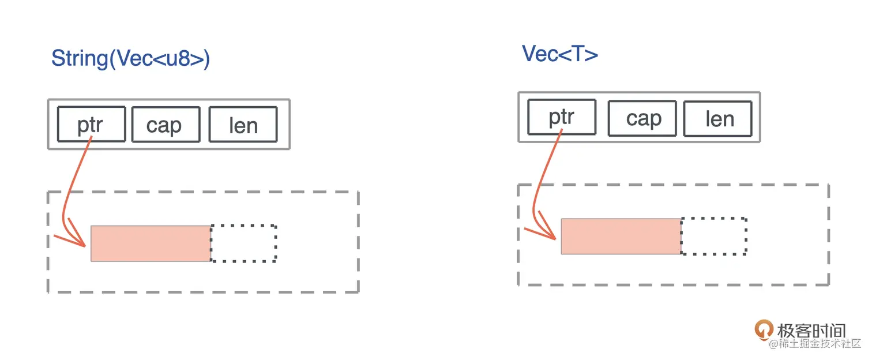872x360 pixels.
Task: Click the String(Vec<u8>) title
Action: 130,58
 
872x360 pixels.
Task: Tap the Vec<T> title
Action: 560,54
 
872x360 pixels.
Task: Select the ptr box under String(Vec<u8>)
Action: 92,124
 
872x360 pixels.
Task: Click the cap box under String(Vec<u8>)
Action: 166,124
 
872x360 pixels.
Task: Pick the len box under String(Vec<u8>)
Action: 243,124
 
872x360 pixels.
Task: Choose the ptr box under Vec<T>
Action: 562,117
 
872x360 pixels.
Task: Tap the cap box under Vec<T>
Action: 642,118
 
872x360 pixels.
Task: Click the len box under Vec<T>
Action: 718,118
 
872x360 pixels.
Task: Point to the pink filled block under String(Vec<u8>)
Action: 151,243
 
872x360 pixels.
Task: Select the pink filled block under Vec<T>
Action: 621,237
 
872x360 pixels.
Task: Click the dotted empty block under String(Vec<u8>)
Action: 244,243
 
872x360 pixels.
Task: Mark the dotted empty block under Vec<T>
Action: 714,237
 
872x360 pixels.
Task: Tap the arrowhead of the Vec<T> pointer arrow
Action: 555,238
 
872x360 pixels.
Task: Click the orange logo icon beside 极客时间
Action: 764,329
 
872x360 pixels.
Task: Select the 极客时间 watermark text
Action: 811,331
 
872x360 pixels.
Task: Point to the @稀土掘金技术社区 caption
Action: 815,343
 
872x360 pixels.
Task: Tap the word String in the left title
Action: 80,58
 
